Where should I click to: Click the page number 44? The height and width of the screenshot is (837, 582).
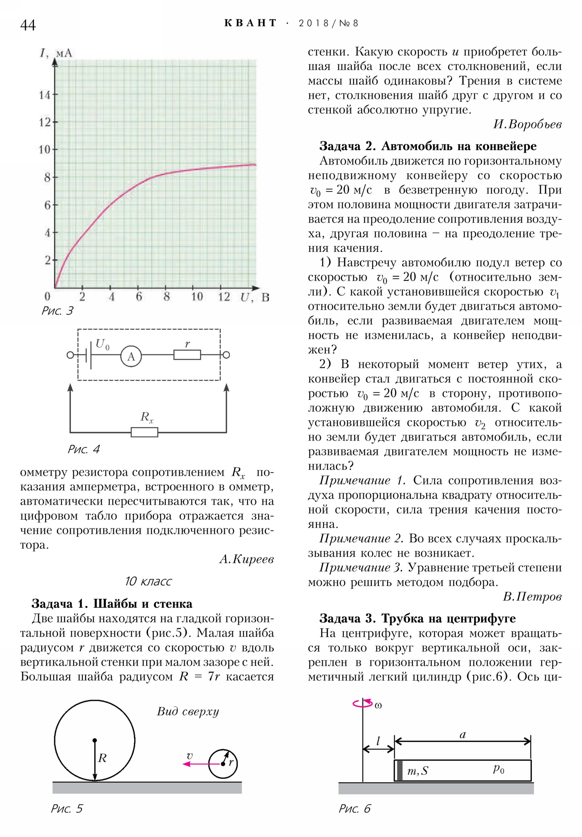click(x=28, y=25)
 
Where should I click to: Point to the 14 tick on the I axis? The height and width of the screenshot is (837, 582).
click(x=45, y=95)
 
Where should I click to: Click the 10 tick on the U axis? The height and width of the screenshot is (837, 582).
click(x=197, y=297)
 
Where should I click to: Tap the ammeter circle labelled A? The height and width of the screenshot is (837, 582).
click(x=131, y=356)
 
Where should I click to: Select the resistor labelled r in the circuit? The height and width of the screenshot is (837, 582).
click(x=187, y=355)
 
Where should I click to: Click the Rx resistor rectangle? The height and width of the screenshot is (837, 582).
click(x=144, y=432)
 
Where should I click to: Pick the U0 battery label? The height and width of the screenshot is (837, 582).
click(x=102, y=344)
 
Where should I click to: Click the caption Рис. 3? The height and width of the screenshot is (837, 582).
click(x=57, y=310)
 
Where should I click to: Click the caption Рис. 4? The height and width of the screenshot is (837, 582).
click(x=83, y=449)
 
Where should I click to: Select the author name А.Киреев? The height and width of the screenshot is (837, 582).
click(x=246, y=559)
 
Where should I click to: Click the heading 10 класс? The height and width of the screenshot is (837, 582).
click(x=148, y=581)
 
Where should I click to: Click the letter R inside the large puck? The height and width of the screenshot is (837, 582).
click(x=103, y=758)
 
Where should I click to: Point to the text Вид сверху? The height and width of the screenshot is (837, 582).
click(x=188, y=711)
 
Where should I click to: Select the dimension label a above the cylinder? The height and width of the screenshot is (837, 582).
click(x=462, y=735)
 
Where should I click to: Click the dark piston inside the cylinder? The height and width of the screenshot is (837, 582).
click(x=399, y=770)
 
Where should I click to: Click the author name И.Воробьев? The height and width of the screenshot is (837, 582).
click(x=527, y=124)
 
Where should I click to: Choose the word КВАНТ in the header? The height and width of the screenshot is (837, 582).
click(x=250, y=23)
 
